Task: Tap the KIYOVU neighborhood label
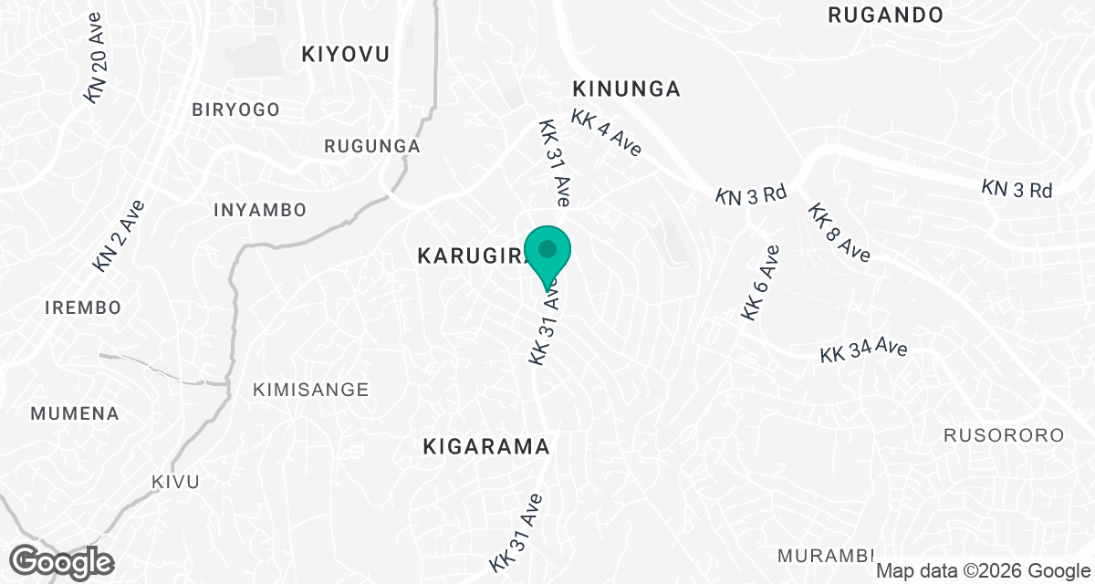point(345,55)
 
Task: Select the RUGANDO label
point(884,15)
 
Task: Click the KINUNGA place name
point(626,89)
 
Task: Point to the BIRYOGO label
point(235,109)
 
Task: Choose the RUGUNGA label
point(372,146)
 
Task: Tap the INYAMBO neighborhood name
point(259,210)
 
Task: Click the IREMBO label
point(82,308)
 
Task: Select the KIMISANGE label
point(310,390)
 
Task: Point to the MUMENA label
point(75,413)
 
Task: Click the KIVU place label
point(175,481)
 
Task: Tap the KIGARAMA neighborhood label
point(486,447)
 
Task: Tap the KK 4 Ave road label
point(608,134)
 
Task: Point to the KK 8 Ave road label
point(839,233)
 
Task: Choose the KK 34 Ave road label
point(862,350)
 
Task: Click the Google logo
point(61,560)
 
